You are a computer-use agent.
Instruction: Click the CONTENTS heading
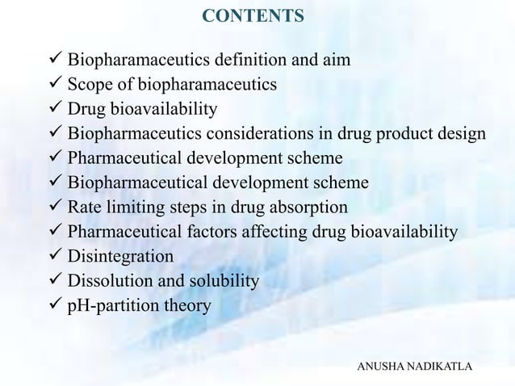[x=253, y=16]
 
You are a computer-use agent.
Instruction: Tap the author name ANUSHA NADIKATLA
[x=416, y=367]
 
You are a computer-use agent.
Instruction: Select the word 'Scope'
[x=90, y=85]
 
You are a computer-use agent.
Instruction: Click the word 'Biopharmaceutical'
[x=137, y=183]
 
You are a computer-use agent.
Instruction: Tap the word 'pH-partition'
[x=114, y=307]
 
